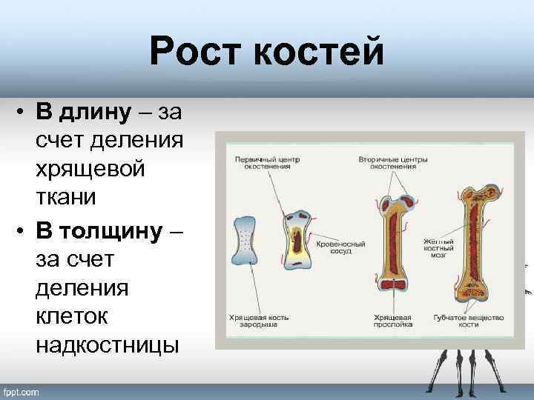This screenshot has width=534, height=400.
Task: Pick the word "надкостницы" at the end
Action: pos(107,344)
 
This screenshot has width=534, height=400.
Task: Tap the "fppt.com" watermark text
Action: pos(22,391)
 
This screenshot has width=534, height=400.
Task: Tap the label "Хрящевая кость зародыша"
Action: pos(259,321)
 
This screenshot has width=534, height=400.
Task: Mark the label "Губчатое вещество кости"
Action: pos(469,321)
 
